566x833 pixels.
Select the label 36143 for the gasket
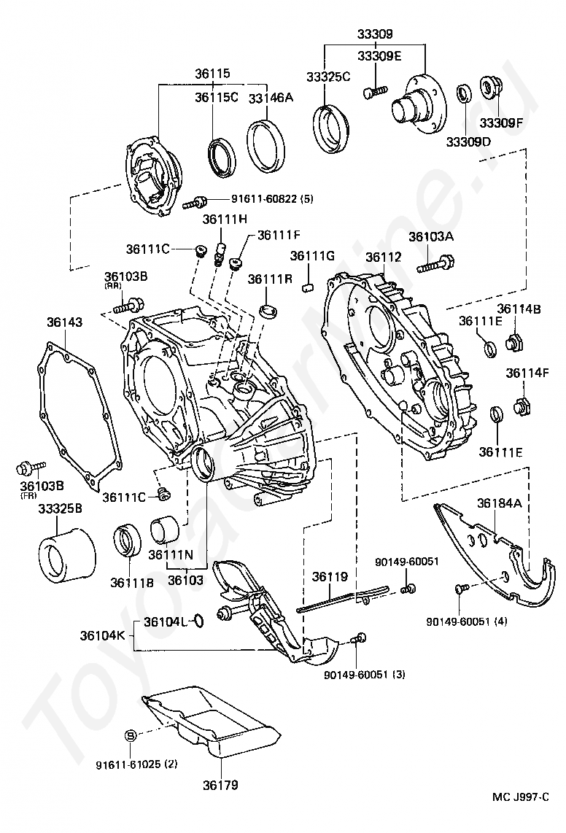65,322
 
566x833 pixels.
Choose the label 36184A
500,503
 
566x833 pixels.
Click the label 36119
330,576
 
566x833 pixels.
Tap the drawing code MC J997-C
519,797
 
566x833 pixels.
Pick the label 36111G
312,256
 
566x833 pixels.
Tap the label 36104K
105,635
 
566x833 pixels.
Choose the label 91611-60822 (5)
262,198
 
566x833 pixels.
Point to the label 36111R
268,279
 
